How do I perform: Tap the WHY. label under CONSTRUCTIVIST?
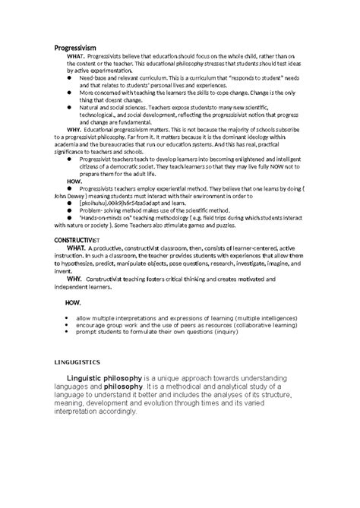77,277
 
